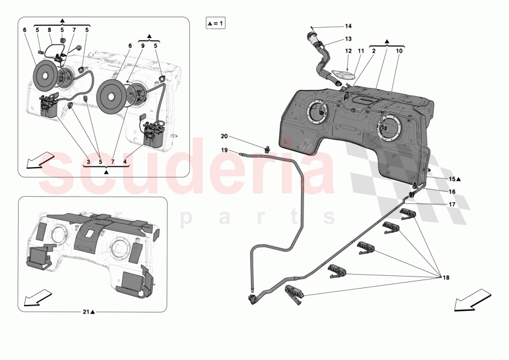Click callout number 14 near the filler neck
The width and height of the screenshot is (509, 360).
(x=348, y=26)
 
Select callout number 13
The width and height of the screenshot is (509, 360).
(x=348, y=39)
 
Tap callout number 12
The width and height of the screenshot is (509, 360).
(x=348, y=51)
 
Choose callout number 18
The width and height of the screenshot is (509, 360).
(x=446, y=278)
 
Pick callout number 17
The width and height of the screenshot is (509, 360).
(x=452, y=205)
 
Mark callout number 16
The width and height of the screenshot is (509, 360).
(x=452, y=192)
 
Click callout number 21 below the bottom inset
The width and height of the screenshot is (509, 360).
(x=86, y=312)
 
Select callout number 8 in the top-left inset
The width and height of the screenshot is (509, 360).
(x=50, y=30)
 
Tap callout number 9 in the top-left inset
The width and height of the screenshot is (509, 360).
(x=143, y=45)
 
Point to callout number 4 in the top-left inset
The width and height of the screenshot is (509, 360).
(x=125, y=163)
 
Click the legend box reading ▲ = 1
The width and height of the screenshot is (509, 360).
(x=215, y=24)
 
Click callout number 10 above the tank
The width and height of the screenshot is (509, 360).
(x=399, y=51)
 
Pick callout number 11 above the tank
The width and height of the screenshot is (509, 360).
(x=361, y=51)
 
